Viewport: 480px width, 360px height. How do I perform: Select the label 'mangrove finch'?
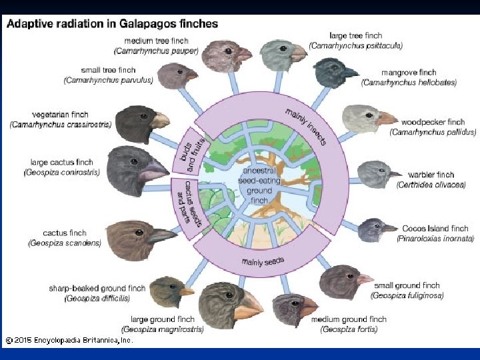click(409, 73)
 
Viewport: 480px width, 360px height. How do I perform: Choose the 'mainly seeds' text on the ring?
click(263, 261)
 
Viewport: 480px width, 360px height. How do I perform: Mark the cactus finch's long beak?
click(162, 235)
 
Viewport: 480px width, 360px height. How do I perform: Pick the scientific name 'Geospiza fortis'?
click(348, 329)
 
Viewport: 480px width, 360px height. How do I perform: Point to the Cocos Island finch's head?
click(372, 230)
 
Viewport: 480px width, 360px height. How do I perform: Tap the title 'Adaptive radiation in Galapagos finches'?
click(112, 24)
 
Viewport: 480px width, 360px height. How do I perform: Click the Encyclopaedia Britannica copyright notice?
click(69, 340)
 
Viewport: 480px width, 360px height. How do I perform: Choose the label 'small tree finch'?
click(108, 70)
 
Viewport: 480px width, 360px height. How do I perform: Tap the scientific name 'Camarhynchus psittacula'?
click(356, 45)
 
